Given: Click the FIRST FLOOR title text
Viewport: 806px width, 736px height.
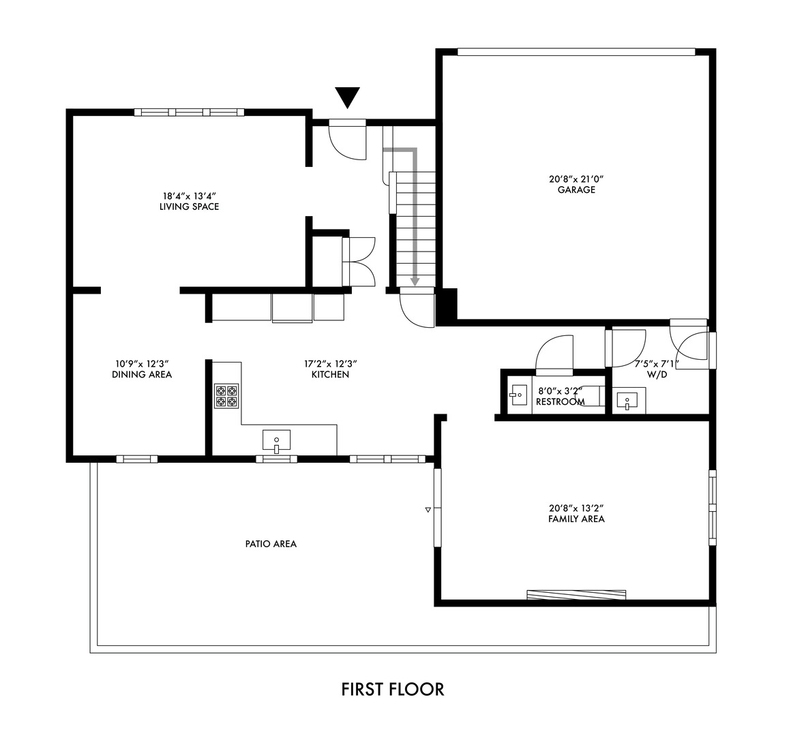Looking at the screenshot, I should click(392, 689).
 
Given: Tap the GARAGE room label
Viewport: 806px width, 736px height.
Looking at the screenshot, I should click(576, 190).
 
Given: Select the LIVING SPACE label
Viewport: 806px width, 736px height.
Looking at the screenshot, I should click(189, 206).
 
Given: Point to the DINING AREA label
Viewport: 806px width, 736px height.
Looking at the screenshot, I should click(142, 374).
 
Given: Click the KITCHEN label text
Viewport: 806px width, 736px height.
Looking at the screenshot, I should click(330, 374).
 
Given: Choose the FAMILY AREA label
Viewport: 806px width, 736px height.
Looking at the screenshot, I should click(576, 519).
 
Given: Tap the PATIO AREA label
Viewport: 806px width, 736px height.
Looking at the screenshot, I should click(271, 544).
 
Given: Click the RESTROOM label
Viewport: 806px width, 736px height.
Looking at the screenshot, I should click(560, 402).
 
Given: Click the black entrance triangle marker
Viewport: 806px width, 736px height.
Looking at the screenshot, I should click(348, 97).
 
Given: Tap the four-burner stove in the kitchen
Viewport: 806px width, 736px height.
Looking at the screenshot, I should click(226, 396).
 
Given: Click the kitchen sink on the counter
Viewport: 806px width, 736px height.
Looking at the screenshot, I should click(276, 441).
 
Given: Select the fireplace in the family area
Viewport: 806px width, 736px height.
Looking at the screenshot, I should click(576, 594).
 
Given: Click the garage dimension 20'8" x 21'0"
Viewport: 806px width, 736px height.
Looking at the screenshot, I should click(576, 180).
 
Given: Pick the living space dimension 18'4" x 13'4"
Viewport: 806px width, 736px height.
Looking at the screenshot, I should click(189, 196).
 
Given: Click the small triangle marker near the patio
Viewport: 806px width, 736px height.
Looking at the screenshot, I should click(428, 509).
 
